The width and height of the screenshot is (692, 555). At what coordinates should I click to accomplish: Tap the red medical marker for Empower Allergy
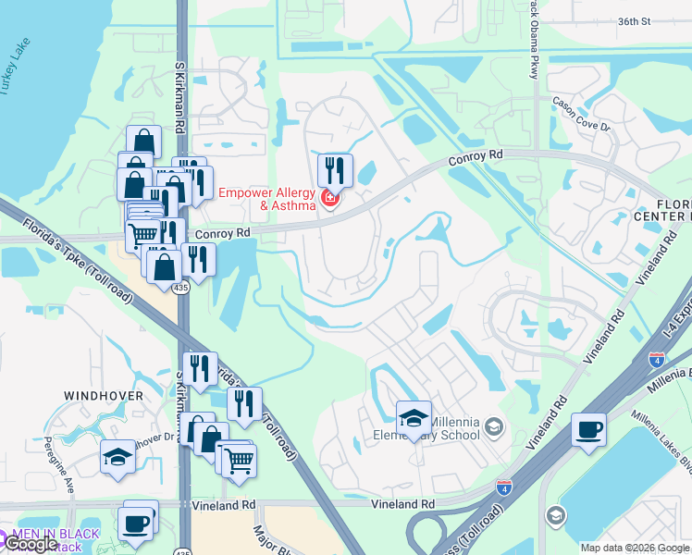click(x=328, y=198)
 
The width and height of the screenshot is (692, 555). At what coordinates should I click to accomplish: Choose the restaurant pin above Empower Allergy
click(x=335, y=171)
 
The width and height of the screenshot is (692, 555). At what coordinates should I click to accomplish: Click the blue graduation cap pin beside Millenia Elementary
click(x=414, y=418)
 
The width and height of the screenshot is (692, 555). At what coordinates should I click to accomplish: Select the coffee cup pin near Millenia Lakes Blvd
click(x=589, y=431)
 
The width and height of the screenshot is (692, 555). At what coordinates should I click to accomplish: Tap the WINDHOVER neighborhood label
click(x=104, y=396)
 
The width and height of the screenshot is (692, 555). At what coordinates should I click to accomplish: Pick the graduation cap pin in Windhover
click(x=117, y=457)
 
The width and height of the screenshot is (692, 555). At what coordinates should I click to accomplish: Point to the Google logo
click(x=31, y=544)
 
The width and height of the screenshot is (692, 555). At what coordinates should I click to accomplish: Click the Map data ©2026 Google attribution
click(x=634, y=548)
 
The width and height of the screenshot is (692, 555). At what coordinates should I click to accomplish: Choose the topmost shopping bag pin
click(x=143, y=142)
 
